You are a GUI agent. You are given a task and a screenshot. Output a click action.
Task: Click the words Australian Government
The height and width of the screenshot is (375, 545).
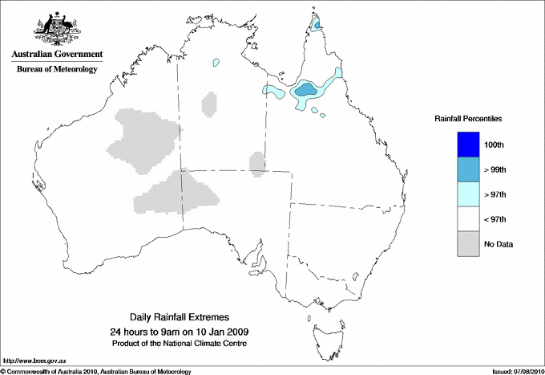tap(57, 55)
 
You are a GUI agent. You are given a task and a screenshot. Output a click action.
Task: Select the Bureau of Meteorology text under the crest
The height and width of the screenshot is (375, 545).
tap(57, 70)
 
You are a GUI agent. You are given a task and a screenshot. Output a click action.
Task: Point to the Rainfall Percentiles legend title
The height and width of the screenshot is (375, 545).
tap(468, 119)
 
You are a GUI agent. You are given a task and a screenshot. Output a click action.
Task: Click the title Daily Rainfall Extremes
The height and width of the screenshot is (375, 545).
tap(179, 318)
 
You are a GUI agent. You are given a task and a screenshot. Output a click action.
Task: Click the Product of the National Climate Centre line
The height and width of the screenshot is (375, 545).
tap(179, 344)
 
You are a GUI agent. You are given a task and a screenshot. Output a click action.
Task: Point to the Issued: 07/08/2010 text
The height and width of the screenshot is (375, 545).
tap(516, 371)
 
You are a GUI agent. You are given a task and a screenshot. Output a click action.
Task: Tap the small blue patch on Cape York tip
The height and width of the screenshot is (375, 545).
tap(318, 25)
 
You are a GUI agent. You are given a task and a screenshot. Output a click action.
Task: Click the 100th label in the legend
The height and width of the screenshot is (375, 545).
tap(495, 145)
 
